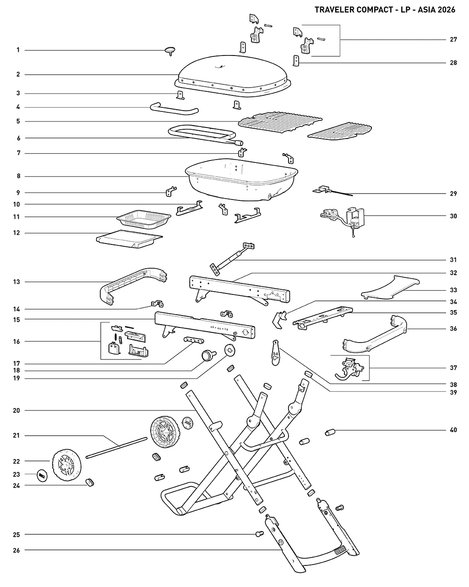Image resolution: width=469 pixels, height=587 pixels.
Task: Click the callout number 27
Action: pyautogui.click(x=453, y=39)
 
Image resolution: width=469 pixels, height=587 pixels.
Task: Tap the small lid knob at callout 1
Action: pyautogui.click(x=170, y=50)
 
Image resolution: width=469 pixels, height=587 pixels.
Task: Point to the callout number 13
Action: pyautogui.click(x=16, y=282)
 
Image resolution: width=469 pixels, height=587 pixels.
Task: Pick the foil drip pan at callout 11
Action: pyautogui.click(x=144, y=219)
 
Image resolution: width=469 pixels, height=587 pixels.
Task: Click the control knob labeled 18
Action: pyautogui.click(x=208, y=356)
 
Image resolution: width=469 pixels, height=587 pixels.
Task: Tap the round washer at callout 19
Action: pyautogui.click(x=230, y=350)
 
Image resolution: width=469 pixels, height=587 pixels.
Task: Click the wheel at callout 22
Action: pyautogui.click(x=67, y=465)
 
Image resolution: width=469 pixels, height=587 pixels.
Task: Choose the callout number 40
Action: pyautogui.click(x=453, y=430)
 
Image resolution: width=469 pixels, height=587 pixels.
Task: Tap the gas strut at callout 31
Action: pyautogui.click(x=232, y=259)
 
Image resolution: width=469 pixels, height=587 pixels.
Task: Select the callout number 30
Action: pyautogui.click(x=453, y=216)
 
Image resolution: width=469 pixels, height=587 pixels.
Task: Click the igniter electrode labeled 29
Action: pyautogui.click(x=333, y=191)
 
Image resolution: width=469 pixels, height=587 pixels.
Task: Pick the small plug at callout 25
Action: pyautogui.click(x=260, y=533)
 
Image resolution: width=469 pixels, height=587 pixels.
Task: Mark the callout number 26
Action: pyautogui.click(x=16, y=550)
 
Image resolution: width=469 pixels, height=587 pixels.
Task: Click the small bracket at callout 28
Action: pyautogui.click(x=296, y=61)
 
